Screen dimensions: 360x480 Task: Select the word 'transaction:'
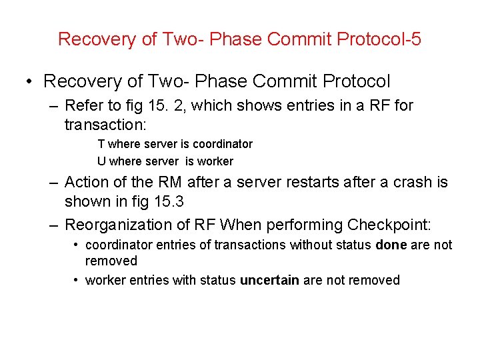(99, 125)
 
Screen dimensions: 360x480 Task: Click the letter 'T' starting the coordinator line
(101, 144)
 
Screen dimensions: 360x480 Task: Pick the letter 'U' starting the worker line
(101, 161)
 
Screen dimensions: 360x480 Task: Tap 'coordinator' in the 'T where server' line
(223, 144)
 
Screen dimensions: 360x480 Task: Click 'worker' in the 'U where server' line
(216, 161)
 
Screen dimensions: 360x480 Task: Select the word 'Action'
(86, 182)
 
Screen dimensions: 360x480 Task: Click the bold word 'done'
(391, 245)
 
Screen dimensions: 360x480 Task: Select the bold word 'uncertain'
(269, 280)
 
